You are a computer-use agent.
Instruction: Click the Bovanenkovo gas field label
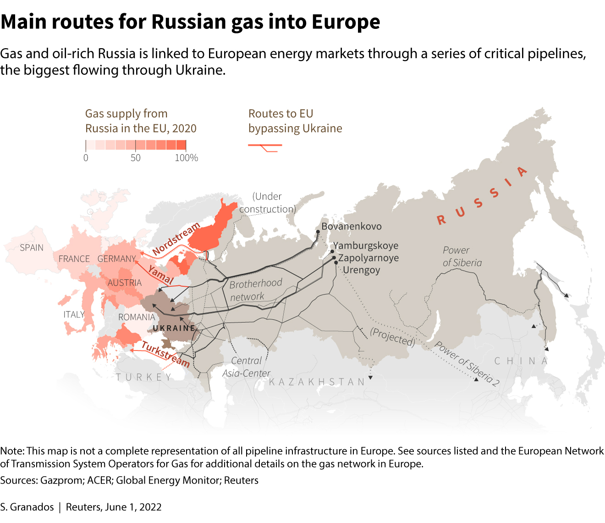click(x=351, y=226)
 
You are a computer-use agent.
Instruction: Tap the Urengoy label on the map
click(x=361, y=270)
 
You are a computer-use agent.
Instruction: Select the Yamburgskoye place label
click(x=365, y=245)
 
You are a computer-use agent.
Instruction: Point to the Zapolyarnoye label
click(x=368, y=258)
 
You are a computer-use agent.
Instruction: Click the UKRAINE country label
click(x=174, y=328)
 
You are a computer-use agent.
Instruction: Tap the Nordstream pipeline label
click(x=176, y=239)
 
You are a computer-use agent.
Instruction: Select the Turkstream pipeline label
click(x=165, y=354)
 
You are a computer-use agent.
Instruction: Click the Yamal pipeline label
click(x=160, y=274)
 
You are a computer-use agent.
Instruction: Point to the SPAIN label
click(x=32, y=248)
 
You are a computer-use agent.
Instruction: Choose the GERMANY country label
click(x=116, y=259)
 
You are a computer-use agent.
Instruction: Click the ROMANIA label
click(x=137, y=317)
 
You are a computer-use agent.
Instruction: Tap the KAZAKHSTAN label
click(x=317, y=382)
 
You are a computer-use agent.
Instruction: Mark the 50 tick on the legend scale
click(x=135, y=158)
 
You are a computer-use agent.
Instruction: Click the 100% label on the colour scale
click(x=186, y=158)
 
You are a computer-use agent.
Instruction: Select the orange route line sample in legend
click(x=265, y=146)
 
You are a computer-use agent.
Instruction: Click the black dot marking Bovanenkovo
click(x=317, y=231)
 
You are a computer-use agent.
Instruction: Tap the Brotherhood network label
click(x=255, y=290)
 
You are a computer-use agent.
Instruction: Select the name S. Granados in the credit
click(x=27, y=507)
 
